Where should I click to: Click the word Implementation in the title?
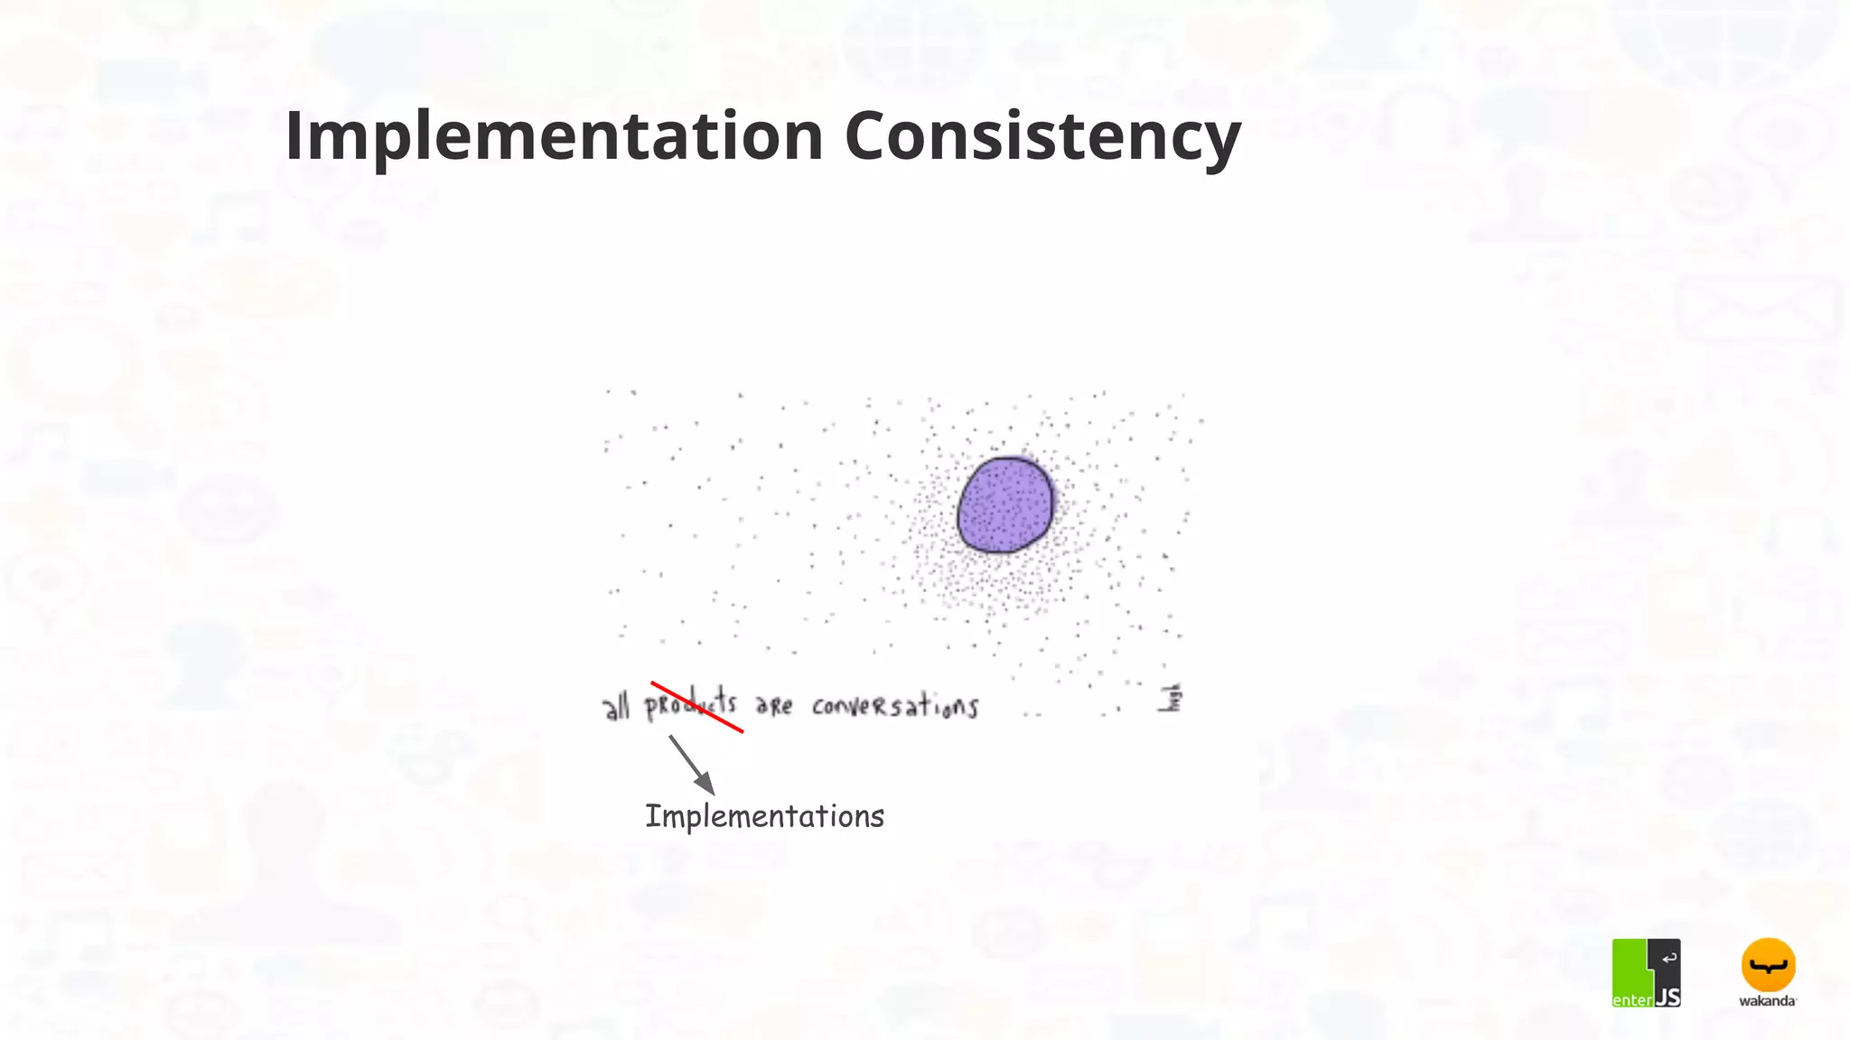554,136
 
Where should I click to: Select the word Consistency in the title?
1042,136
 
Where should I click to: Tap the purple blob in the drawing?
1005,505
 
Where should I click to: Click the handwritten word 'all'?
616,707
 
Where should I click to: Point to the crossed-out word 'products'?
690,704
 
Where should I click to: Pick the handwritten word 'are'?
774,705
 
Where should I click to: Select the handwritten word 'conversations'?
894,705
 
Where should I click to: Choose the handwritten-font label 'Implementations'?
764,816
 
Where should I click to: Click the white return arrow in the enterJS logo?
1668,958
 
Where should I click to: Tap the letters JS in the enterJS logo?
1668,997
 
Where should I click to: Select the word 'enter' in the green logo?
1632,999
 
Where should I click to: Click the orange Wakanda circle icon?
1768,965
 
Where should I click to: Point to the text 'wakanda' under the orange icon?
1768,1000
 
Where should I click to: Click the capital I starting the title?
293,136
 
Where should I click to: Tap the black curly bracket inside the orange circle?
1768,967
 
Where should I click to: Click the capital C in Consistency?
870,136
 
